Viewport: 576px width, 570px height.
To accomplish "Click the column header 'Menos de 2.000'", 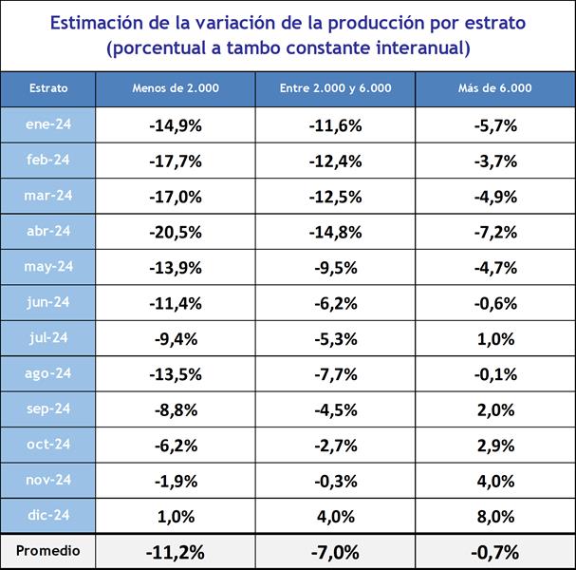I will click(176, 88).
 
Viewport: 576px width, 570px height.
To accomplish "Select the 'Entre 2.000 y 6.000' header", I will click(335, 88).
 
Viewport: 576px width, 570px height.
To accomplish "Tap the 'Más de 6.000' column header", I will click(494, 88).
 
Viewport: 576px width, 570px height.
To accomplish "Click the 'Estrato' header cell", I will click(48, 88).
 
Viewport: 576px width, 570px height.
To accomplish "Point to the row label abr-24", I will click(48, 231).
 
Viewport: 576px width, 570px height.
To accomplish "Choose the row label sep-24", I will click(48, 408).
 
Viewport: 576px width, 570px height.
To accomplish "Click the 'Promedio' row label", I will click(48, 550).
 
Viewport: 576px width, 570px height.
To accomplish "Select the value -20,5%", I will click(176, 232).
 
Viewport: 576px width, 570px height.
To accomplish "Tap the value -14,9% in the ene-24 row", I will click(176, 125).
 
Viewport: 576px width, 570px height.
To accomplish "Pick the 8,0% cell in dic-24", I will click(494, 517).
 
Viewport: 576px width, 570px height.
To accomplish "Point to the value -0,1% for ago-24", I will click(494, 374).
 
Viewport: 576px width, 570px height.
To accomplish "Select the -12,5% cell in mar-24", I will click(335, 197).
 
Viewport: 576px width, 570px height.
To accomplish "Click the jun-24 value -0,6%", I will click(494, 303).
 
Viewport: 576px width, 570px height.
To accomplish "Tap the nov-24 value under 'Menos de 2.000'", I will click(176, 481).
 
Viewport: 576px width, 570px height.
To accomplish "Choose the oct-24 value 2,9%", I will click(494, 446).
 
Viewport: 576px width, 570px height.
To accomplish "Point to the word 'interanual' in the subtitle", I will click(422, 47).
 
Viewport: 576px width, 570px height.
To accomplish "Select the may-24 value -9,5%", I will click(335, 268).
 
